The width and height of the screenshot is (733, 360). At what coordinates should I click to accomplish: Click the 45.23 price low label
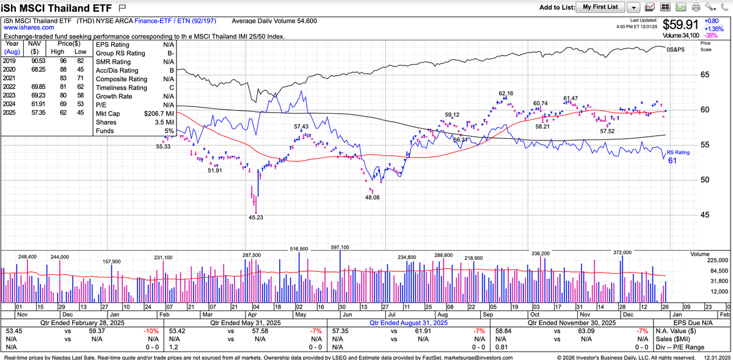(x=256, y=217)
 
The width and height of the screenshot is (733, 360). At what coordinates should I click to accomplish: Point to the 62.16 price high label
(x=506, y=94)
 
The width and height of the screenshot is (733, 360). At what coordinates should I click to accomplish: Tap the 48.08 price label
(x=372, y=197)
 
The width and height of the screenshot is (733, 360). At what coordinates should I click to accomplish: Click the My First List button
(x=600, y=7)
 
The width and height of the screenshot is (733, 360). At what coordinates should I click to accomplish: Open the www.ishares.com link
(x=24, y=28)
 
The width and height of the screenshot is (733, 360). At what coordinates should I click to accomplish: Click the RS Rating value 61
(x=671, y=161)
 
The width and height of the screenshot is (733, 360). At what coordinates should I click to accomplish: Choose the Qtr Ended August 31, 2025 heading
(x=407, y=323)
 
